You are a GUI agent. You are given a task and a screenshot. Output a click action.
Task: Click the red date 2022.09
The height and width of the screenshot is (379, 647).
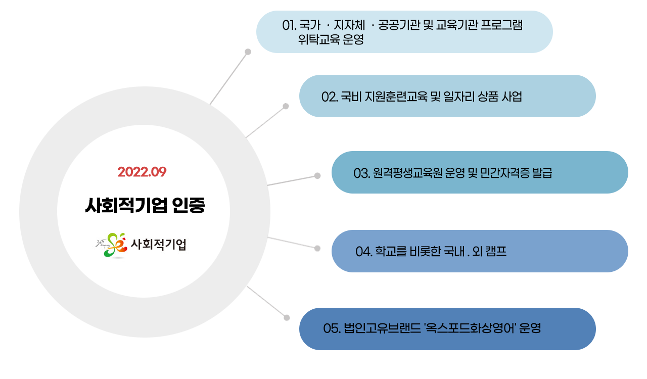142,172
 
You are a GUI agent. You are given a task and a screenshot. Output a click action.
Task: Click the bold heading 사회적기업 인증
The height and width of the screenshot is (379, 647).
145,205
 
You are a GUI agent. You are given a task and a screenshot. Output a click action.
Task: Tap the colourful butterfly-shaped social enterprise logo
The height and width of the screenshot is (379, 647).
112,245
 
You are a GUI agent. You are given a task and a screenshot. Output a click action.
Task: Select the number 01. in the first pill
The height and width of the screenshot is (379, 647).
290,25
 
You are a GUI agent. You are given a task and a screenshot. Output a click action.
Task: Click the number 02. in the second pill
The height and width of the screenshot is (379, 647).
330,97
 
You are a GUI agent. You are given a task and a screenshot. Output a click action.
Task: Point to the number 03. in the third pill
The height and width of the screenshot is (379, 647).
362,173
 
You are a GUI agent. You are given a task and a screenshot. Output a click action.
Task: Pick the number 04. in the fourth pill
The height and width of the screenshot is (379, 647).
364,252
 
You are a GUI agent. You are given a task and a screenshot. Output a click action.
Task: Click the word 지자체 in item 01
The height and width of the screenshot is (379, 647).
349,25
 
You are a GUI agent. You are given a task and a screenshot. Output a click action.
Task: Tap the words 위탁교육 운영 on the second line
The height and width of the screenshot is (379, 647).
331,39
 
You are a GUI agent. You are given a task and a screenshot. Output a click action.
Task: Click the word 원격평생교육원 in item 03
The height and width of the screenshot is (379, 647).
407,173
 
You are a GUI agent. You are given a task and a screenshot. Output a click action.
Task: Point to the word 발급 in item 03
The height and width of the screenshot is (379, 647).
542,173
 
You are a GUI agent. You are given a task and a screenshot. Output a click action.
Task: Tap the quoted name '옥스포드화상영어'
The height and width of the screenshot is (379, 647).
470,328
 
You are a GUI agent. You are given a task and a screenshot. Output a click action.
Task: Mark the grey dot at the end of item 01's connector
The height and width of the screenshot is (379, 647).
248,52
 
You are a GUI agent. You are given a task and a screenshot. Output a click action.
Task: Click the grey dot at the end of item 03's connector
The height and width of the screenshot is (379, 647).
317,176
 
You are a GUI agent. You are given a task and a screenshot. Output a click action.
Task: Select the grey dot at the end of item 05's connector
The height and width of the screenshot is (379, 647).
287,318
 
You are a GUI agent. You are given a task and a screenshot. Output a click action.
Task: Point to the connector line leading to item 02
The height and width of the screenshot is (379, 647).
265,122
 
